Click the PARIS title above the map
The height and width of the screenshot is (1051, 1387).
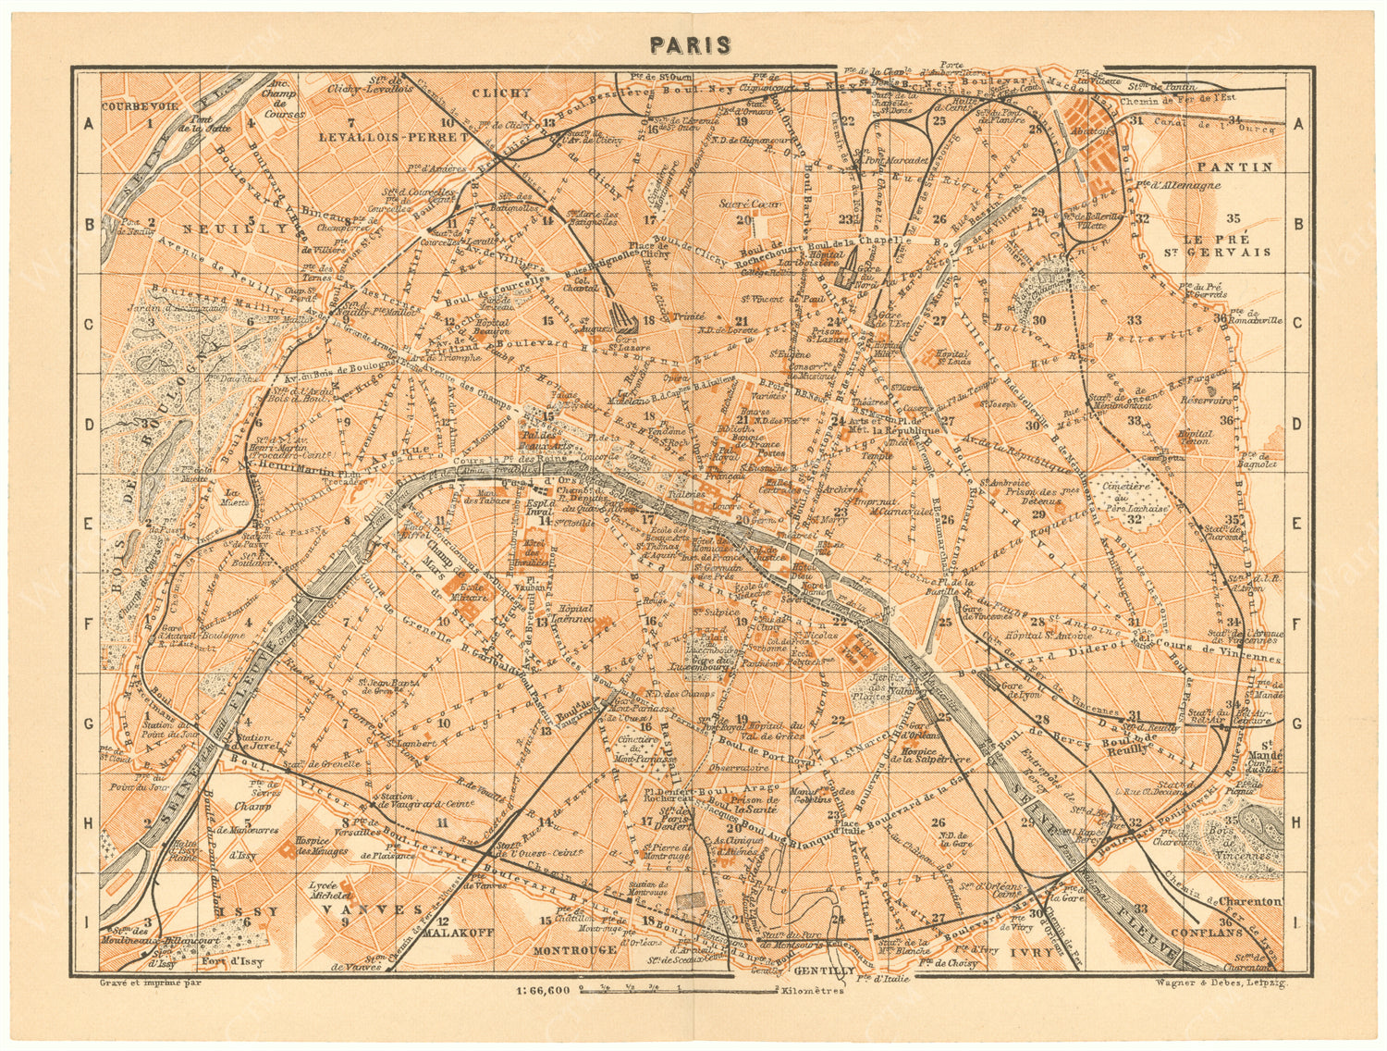point(690,45)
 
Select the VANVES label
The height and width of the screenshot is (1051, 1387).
point(365,910)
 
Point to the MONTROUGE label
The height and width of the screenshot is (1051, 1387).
point(575,949)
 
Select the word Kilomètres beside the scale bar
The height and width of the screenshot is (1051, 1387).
point(812,991)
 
